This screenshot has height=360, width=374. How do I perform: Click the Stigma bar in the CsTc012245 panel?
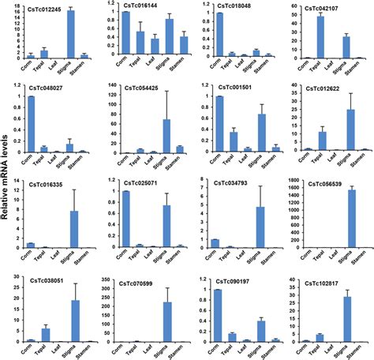pos(71,36)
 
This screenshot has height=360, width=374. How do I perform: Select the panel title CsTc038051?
pos(47,278)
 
